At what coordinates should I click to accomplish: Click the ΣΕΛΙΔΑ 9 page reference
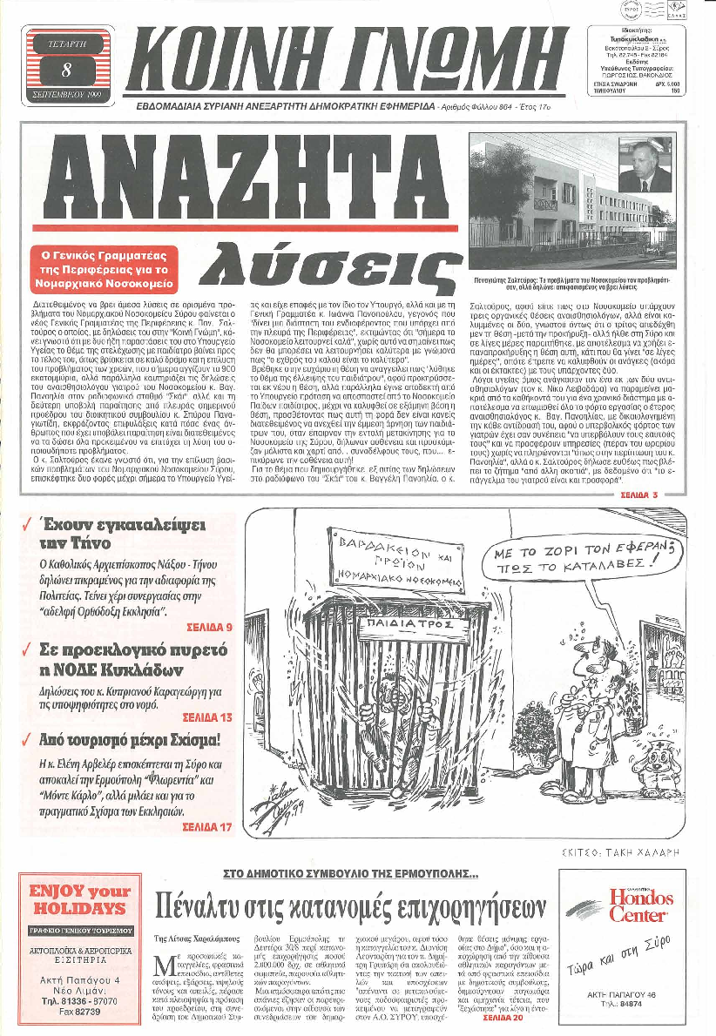[209, 627]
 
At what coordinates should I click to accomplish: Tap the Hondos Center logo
[640, 905]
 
